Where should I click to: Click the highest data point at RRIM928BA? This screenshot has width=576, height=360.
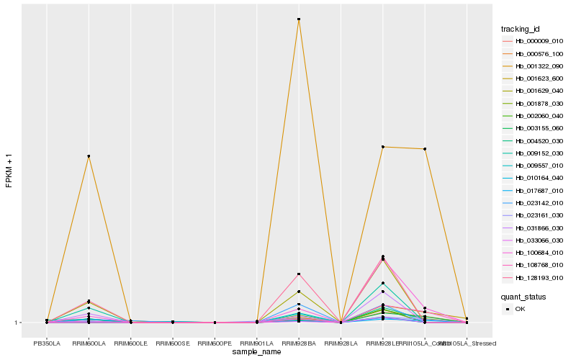299,19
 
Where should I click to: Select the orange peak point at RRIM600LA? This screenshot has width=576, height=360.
89,156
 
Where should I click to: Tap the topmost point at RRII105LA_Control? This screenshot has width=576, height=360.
425,149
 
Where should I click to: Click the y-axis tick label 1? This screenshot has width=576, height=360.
17,323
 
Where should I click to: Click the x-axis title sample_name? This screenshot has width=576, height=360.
257,352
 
